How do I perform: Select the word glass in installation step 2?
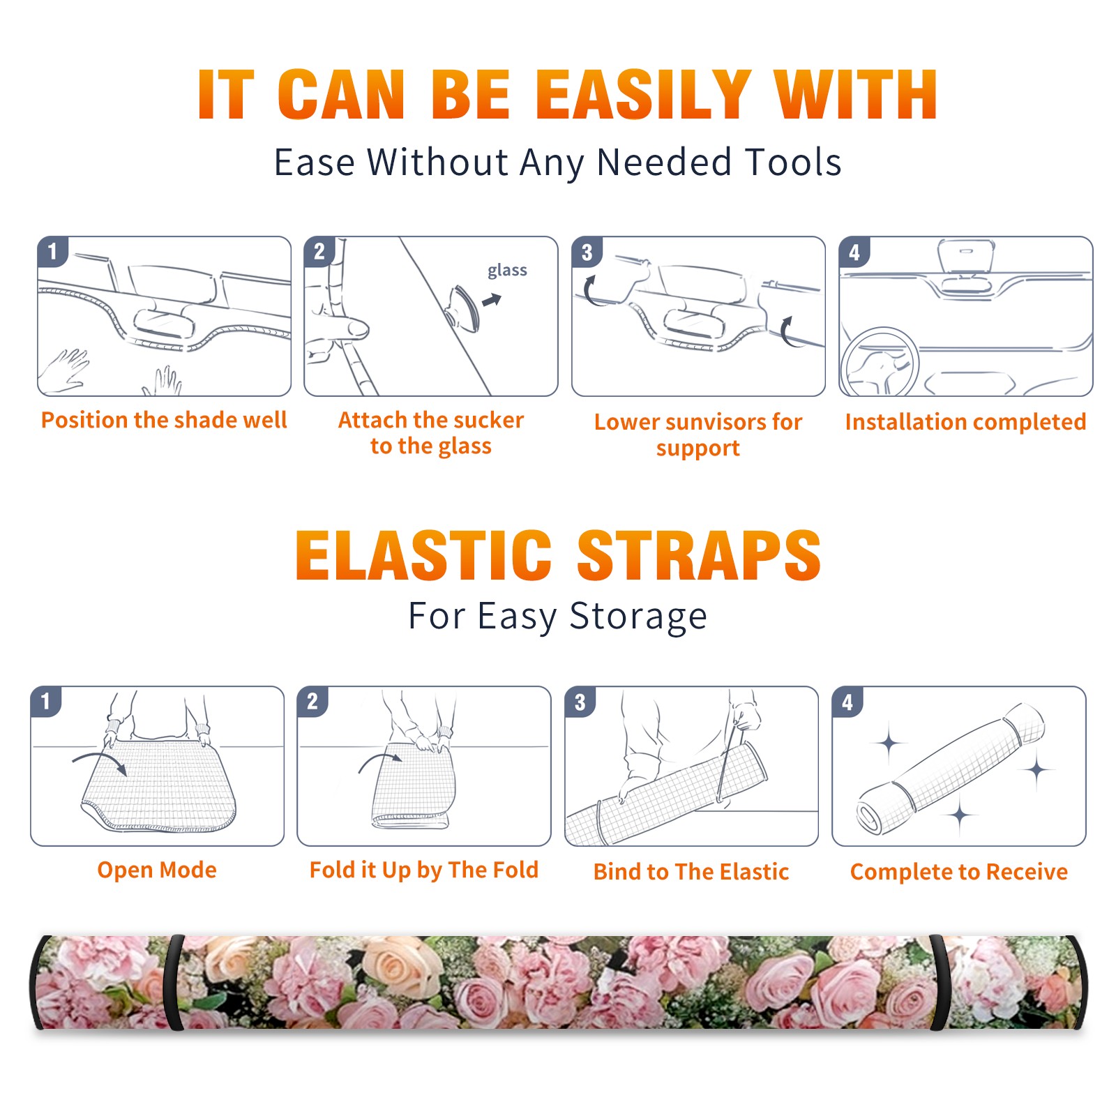tap(507, 270)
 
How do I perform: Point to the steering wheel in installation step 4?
tap(879, 363)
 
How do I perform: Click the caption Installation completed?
tap(965, 421)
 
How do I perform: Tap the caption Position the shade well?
tap(164, 420)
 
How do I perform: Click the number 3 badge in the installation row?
tap(586, 252)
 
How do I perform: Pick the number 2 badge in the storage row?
tap(312, 701)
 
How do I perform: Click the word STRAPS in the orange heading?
tap(699, 555)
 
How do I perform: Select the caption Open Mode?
tap(157, 870)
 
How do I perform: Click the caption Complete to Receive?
tap(959, 872)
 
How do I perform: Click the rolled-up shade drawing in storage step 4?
tap(951, 769)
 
